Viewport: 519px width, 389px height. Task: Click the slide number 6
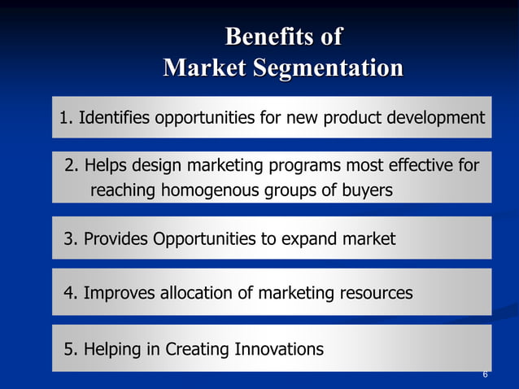485,374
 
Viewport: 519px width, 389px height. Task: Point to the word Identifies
114,118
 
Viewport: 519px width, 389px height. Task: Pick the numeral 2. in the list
71,166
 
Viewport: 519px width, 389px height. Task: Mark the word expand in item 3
307,239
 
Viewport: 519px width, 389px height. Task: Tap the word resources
373,293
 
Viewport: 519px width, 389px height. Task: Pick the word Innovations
278,350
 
